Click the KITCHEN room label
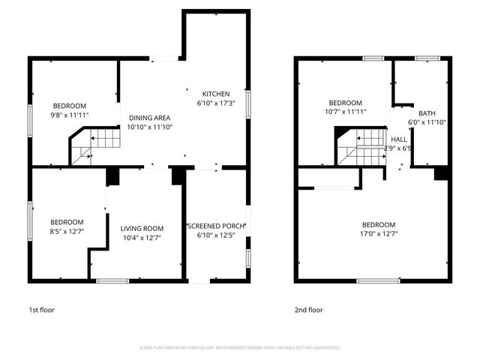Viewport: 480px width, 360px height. pyautogui.click(x=210, y=93)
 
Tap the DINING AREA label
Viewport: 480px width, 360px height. pyautogui.click(x=149, y=118)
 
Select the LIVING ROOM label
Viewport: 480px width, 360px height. pyautogui.click(x=142, y=228)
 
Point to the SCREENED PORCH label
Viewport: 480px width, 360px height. pyautogui.click(x=216, y=226)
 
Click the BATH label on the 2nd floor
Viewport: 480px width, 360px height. pyautogui.click(x=427, y=113)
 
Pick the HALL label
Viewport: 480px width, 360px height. pyautogui.click(x=399, y=139)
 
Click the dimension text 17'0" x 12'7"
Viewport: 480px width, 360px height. pyautogui.click(x=379, y=234)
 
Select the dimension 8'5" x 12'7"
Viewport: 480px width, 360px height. pyautogui.click(x=67, y=232)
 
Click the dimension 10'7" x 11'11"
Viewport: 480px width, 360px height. pyautogui.click(x=346, y=112)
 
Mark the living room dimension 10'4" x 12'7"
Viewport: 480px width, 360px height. pyautogui.click(x=142, y=238)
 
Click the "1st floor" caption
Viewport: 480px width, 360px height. pyautogui.click(x=41, y=309)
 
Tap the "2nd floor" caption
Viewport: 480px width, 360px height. pyautogui.click(x=308, y=309)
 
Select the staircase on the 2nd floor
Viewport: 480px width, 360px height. pyautogui.click(x=360, y=144)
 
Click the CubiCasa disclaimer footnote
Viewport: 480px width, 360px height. pyautogui.click(x=240, y=348)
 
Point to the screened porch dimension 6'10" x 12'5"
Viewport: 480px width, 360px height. pyautogui.click(x=216, y=236)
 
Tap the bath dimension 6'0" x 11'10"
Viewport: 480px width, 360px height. pyautogui.click(x=427, y=122)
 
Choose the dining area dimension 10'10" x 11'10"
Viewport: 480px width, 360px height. pyautogui.click(x=149, y=127)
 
